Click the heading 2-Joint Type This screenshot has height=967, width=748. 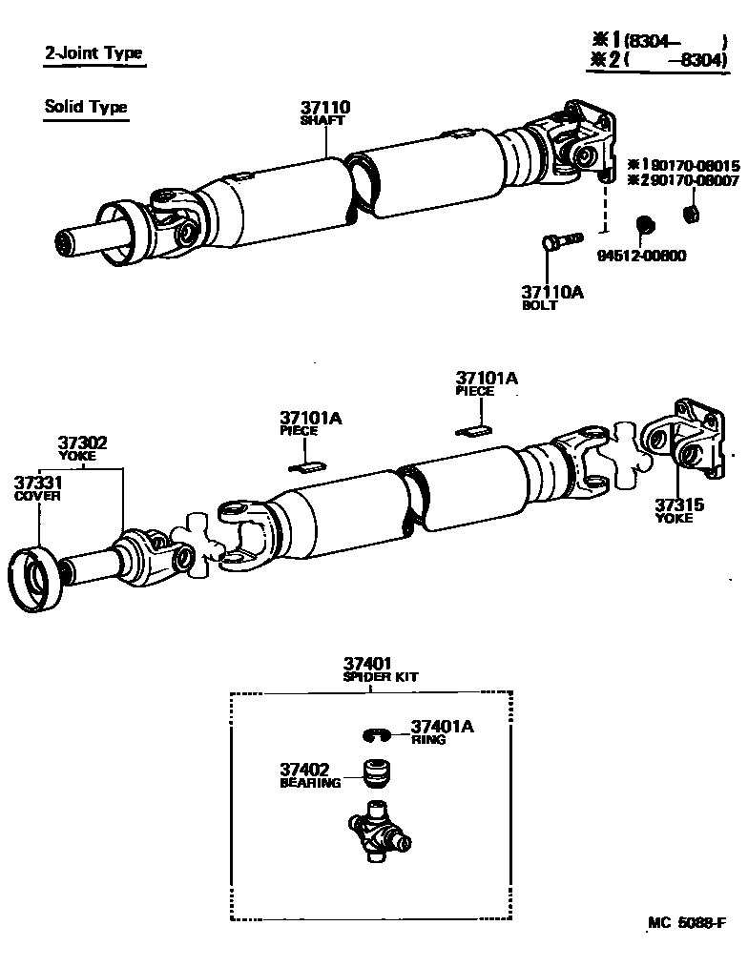coord(93,54)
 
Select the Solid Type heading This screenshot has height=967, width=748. coord(85,107)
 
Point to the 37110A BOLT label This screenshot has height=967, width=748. coord(551,298)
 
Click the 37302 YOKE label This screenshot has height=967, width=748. coord(82,448)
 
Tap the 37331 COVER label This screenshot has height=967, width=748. coord(37,487)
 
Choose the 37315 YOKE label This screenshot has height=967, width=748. coord(679,510)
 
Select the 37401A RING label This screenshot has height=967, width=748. coord(442,731)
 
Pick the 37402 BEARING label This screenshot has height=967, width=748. coord(310,775)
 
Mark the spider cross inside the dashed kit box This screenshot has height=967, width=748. coord(380,833)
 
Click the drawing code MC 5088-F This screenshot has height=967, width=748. coord(686,923)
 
